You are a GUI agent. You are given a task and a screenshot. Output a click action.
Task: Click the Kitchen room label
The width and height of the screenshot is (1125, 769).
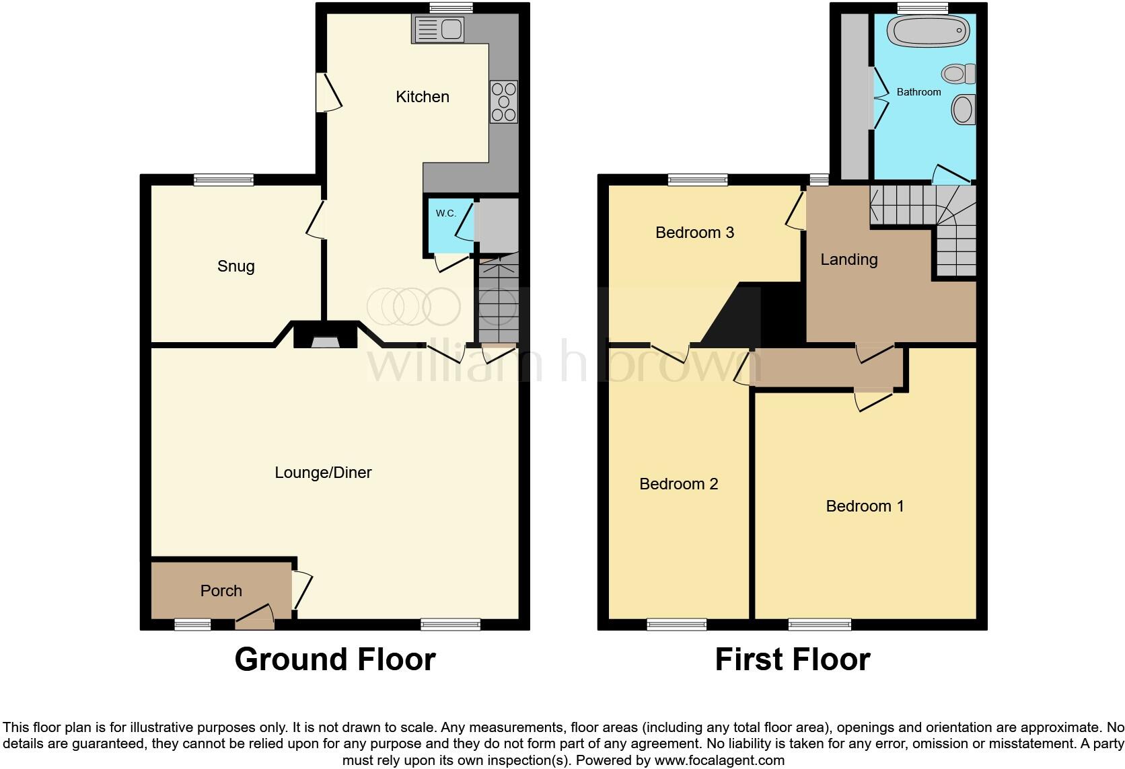(x=422, y=97)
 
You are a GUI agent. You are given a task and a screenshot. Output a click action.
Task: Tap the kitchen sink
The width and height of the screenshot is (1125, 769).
(x=439, y=29)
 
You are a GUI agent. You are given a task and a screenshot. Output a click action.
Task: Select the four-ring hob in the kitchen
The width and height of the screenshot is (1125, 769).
(x=503, y=102)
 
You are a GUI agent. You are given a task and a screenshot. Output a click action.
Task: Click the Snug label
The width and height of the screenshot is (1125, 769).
(x=235, y=266)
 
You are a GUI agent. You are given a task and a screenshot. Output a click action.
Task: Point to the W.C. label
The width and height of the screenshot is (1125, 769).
(x=445, y=213)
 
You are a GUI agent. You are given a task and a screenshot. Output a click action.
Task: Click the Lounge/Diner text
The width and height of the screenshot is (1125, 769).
(x=323, y=473)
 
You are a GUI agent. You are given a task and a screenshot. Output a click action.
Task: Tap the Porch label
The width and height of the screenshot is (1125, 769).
(x=221, y=591)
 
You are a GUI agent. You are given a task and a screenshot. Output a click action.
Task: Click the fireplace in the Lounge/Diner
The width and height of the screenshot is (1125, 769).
(x=326, y=336)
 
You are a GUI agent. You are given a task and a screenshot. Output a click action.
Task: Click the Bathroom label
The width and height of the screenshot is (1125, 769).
(x=918, y=92)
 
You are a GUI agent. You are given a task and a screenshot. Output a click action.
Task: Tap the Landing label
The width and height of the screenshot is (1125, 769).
(x=848, y=259)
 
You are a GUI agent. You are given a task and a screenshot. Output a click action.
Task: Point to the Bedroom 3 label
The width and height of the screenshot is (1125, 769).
(x=694, y=233)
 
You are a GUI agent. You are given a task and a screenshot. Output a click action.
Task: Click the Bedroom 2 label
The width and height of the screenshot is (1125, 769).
(x=678, y=484)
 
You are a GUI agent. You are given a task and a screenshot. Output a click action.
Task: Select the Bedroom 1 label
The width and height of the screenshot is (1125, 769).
(x=865, y=506)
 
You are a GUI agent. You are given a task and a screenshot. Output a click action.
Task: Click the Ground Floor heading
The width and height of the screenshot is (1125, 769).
(x=335, y=659)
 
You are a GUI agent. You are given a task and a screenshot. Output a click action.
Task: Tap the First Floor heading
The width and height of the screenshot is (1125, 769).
(x=792, y=659)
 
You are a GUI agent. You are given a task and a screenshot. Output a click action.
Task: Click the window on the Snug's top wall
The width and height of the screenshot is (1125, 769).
(x=223, y=179)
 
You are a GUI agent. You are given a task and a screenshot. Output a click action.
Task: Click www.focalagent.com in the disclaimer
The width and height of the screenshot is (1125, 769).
(x=719, y=761)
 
